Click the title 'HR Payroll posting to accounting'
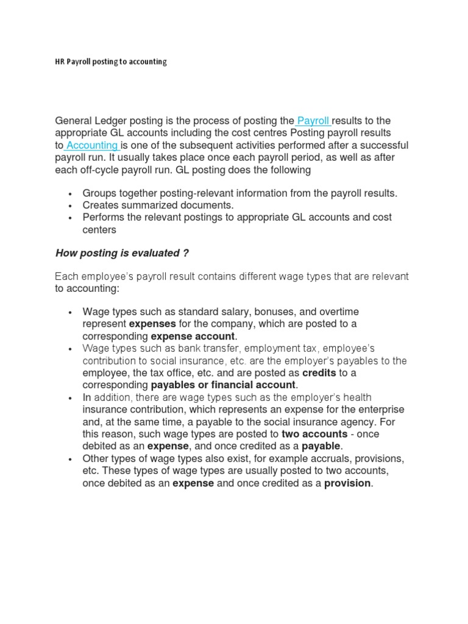(x=111, y=62)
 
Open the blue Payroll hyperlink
(x=313, y=121)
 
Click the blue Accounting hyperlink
(x=92, y=145)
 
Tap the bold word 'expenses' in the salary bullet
(x=152, y=324)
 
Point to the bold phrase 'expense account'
(x=193, y=336)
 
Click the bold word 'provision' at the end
(x=347, y=483)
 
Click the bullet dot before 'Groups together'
(x=71, y=194)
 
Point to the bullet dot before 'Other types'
(x=71, y=459)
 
